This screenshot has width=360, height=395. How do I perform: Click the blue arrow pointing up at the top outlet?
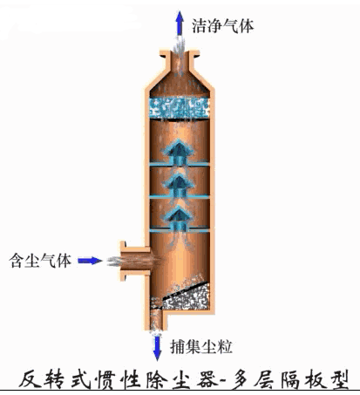pyautogui.click(x=180, y=24)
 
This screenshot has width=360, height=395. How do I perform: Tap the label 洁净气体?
pyautogui.click(x=222, y=25)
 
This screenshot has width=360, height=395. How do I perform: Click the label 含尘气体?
pyautogui.click(x=40, y=261)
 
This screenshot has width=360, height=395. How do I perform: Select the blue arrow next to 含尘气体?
pyautogui.click(x=90, y=261)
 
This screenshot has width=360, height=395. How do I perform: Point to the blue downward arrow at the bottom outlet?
pyautogui.click(x=157, y=348)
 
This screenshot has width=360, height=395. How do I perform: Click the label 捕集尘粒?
pyautogui.click(x=201, y=346)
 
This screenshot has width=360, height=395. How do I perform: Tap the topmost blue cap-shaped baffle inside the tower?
pyautogui.click(x=179, y=153)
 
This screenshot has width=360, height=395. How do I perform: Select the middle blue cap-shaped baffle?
pyautogui.click(x=179, y=186)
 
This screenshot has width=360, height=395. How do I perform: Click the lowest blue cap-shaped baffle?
pyautogui.click(x=179, y=219)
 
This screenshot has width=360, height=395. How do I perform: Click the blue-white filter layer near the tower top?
pyautogui.click(x=180, y=108)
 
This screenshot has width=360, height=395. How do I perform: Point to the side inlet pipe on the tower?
pyautogui.click(x=135, y=261)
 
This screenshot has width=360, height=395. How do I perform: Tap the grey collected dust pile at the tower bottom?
pyautogui.click(x=186, y=297)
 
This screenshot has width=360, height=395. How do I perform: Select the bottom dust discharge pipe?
pyautogui.click(x=157, y=320)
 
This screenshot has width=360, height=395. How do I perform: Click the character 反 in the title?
pyautogui.click(x=30, y=378)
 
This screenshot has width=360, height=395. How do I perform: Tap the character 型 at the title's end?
pyautogui.click(x=337, y=378)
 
